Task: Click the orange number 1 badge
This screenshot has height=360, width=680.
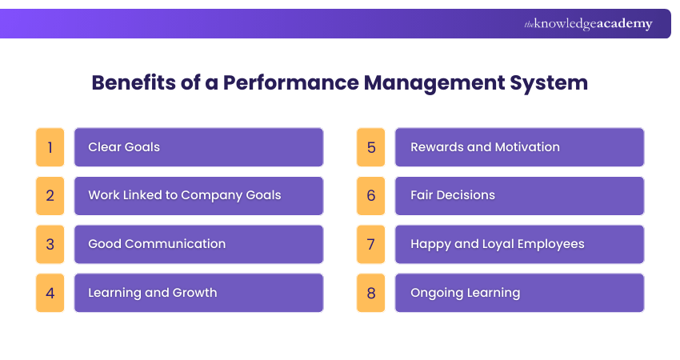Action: pos(50,147)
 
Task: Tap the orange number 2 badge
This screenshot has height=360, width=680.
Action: pos(50,196)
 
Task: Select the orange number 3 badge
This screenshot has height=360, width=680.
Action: pos(50,244)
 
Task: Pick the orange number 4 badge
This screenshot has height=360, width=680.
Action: pos(50,293)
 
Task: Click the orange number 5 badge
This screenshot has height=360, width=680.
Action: pos(370,147)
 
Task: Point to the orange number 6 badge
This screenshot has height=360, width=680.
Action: pos(370,196)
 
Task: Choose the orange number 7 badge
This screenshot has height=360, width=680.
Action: pos(370,244)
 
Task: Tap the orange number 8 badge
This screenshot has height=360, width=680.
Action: pos(370,293)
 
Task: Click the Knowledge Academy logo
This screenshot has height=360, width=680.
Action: pos(588,24)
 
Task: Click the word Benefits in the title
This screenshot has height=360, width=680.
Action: pos(134,82)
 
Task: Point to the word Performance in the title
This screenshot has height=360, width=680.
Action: pos(291,82)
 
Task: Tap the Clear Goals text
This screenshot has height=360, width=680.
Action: pos(124,147)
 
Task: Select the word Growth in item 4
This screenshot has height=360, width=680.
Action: pos(194,293)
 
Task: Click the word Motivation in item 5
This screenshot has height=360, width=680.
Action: pos(527,147)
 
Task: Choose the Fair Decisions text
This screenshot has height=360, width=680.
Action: pos(453,196)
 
